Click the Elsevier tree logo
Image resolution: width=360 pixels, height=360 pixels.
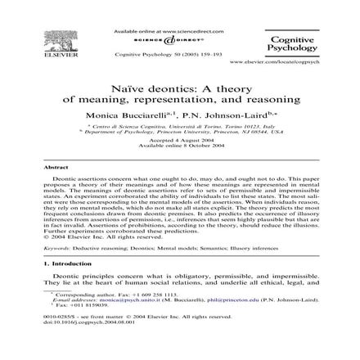point(56,43)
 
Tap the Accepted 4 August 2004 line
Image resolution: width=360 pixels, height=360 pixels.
point(181,140)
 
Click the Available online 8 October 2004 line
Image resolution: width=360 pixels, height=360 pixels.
point(181,145)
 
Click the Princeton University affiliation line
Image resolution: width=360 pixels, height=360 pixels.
point(181,133)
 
